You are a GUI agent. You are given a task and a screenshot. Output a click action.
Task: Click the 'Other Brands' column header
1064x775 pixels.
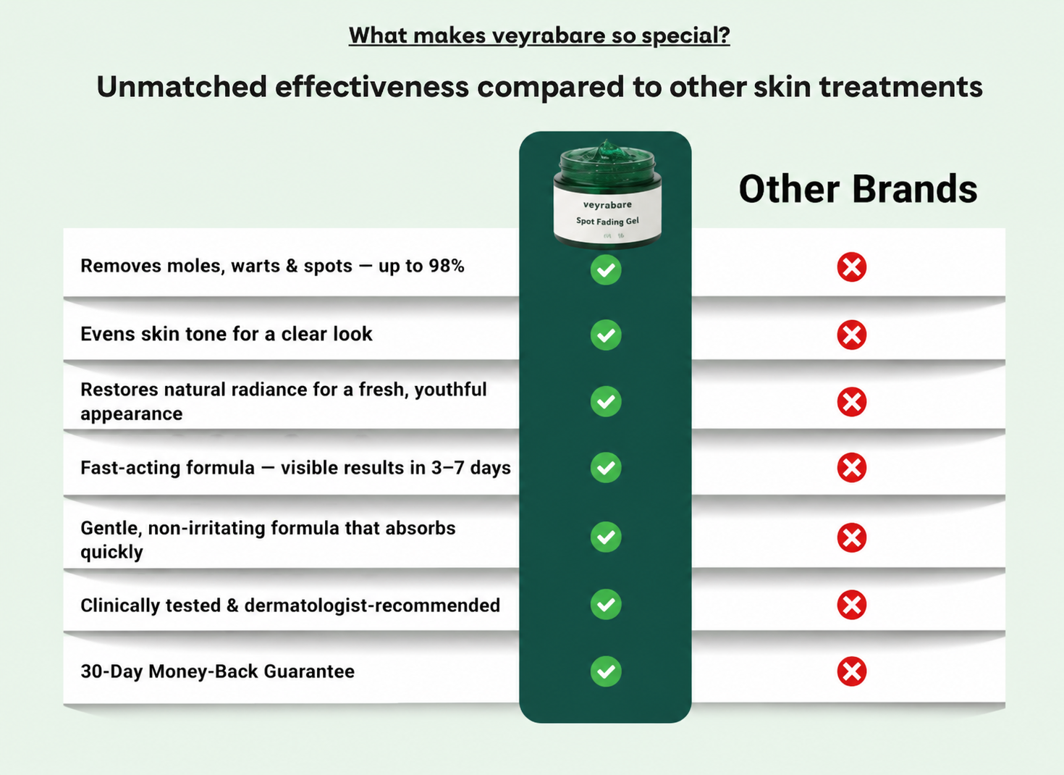click(858, 189)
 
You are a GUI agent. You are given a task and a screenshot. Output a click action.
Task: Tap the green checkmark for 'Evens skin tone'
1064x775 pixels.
click(606, 335)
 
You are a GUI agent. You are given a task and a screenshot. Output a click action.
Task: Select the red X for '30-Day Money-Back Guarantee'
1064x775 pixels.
click(852, 671)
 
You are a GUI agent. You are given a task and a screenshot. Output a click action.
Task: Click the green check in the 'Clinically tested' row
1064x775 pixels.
click(606, 604)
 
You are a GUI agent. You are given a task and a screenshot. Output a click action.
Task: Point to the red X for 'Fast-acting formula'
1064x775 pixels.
click(852, 467)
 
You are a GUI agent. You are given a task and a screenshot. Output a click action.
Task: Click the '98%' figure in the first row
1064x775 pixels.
click(447, 266)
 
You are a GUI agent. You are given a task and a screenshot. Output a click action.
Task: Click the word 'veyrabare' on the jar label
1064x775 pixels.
click(607, 205)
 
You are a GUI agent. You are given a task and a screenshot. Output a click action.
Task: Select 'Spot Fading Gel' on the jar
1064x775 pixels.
click(607, 221)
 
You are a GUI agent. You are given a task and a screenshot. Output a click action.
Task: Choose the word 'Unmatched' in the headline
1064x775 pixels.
click(182, 86)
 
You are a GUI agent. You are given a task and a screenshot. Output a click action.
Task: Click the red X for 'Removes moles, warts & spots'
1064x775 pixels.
click(852, 267)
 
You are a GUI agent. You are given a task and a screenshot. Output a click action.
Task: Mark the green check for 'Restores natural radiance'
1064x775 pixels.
click(606, 401)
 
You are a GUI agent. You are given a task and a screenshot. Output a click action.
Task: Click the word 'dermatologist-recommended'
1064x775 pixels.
click(372, 606)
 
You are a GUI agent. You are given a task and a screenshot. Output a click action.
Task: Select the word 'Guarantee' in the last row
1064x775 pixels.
click(309, 671)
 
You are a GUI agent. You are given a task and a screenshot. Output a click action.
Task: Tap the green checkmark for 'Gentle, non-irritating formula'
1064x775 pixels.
click(606, 537)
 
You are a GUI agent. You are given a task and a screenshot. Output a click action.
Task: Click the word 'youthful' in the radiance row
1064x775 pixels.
click(450, 390)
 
